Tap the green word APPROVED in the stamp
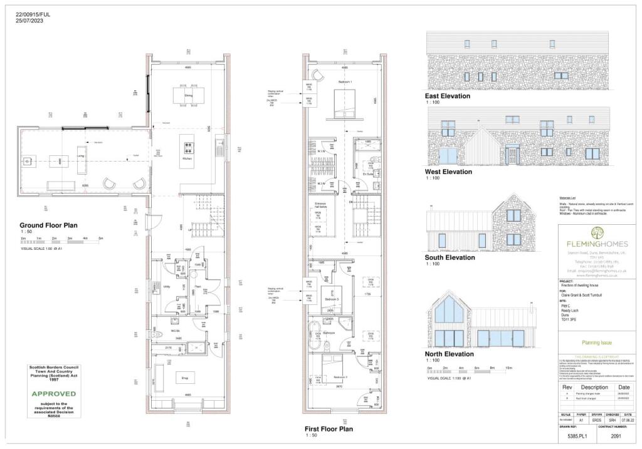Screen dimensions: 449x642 tap(55, 394)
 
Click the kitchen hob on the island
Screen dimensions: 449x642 tap(188, 148)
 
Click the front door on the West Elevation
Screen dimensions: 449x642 tap(513, 155)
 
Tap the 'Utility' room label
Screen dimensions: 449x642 tap(167, 287)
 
